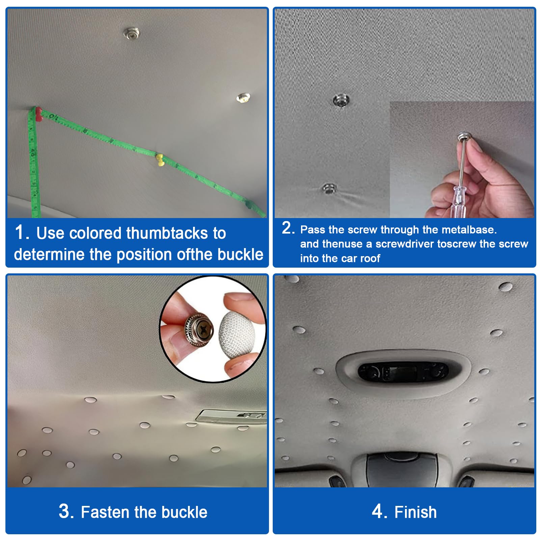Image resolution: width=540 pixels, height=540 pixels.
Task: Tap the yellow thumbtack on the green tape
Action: pos(160,160)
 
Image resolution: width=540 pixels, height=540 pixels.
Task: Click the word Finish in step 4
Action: pos(415,512)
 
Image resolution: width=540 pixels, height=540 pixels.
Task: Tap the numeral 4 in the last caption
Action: pos(377,511)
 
